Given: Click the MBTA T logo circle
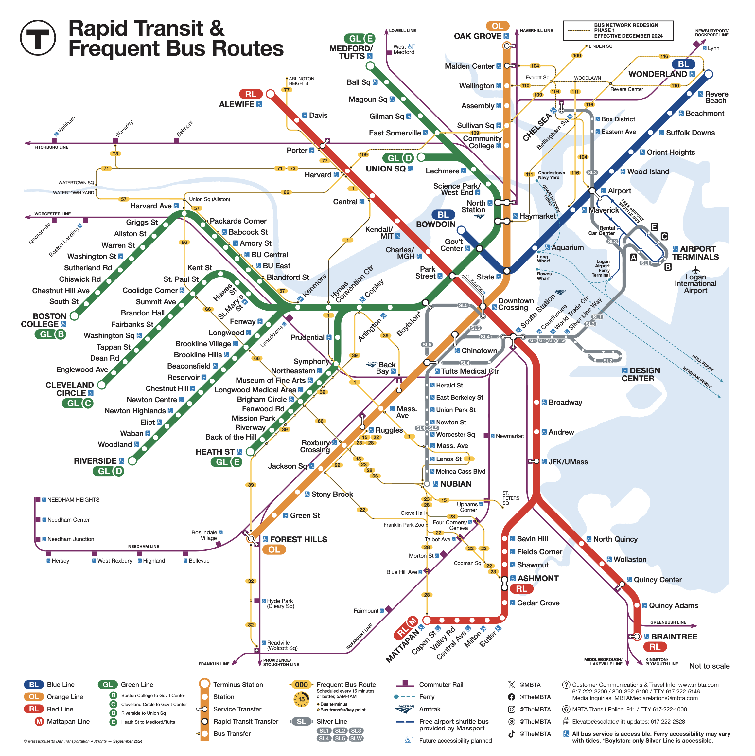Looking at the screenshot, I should [x=38, y=38].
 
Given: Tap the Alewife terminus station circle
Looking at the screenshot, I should [x=270, y=94].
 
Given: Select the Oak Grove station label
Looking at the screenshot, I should [x=477, y=36].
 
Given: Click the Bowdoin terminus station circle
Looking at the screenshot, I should [x=461, y=230].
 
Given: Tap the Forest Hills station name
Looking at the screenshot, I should [x=298, y=539].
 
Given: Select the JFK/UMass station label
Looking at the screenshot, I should [x=568, y=462].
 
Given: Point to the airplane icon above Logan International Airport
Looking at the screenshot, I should [x=695, y=270].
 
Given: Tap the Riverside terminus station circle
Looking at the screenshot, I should [x=132, y=460].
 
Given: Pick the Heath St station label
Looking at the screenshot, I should [x=215, y=452].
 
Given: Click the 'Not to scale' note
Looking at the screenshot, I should [x=709, y=666].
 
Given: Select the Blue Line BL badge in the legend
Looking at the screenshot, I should [x=34, y=684].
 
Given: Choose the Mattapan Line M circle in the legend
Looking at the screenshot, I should [x=39, y=721].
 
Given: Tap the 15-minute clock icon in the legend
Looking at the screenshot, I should [x=301, y=699].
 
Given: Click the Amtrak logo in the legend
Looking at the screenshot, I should [x=405, y=709].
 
